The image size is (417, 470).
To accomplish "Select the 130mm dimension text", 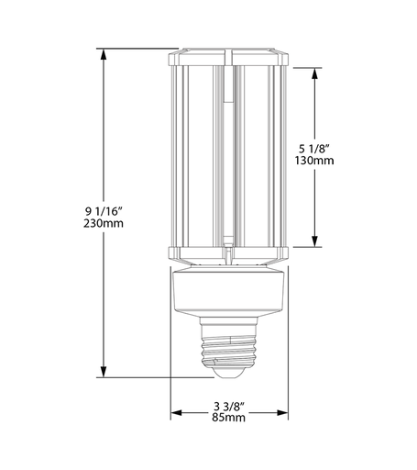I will [316, 160].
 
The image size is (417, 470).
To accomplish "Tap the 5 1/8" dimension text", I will [316, 146].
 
